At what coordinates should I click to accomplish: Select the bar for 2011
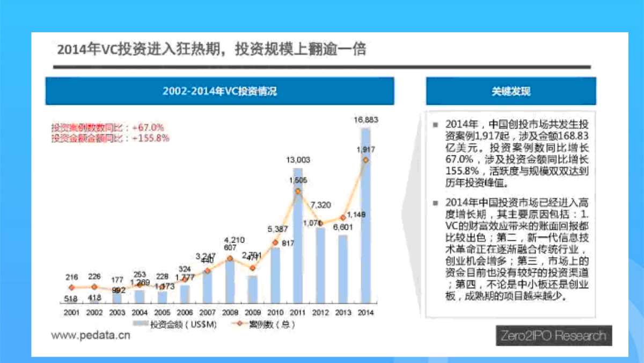point(298,237)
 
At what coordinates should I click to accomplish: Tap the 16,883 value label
point(365,119)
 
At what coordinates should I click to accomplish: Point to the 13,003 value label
point(298,160)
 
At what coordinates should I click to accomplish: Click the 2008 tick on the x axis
point(230,312)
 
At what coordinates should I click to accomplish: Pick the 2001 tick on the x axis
point(72,312)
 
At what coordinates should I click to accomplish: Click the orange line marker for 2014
point(365,160)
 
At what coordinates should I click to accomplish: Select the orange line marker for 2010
point(275,243)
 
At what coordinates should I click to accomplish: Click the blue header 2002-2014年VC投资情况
point(219,91)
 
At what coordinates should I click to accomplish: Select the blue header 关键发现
point(510,91)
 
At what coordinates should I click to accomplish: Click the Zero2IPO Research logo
point(553,337)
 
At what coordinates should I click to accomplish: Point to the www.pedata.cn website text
point(91,336)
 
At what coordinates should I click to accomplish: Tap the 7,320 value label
point(320,204)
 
